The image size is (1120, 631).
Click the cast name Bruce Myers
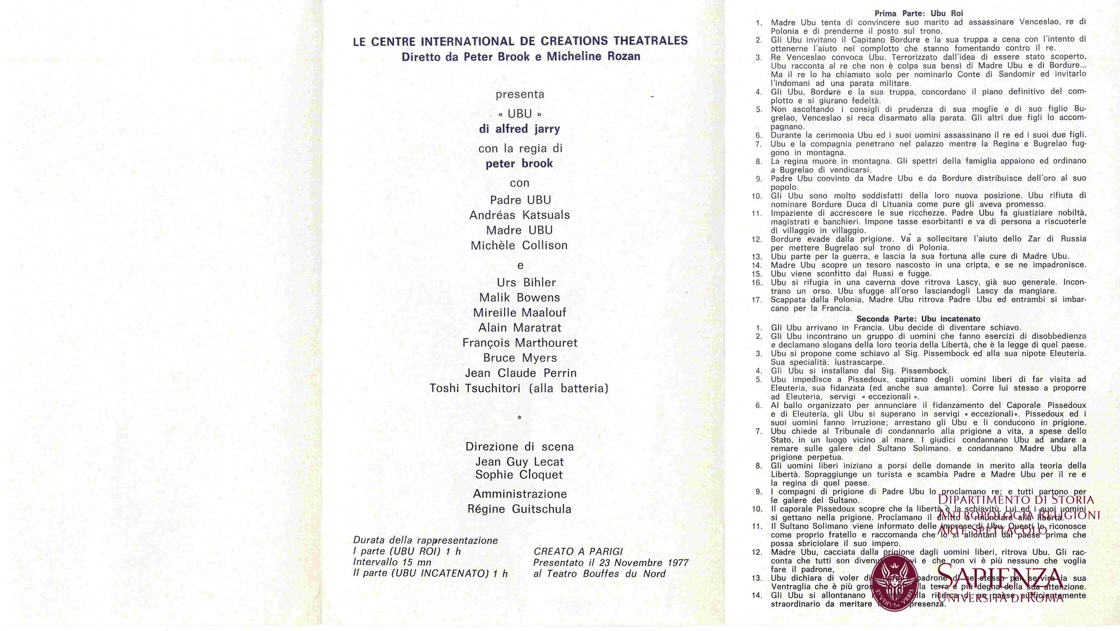click(x=520, y=358)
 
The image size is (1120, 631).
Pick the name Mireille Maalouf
click(x=520, y=313)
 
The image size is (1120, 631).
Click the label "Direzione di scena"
click(x=520, y=447)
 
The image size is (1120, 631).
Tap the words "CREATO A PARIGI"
click(x=578, y=551)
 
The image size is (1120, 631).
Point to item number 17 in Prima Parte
click(x=757, y=300)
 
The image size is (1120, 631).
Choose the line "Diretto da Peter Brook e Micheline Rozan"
click(x=520, y=57)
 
